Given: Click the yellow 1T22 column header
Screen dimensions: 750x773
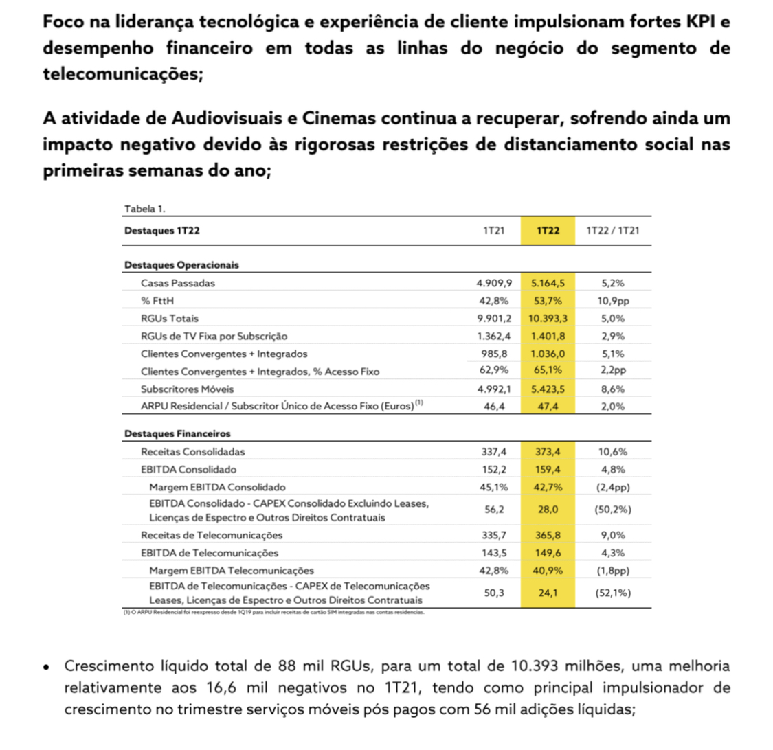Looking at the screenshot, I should pos(547,231).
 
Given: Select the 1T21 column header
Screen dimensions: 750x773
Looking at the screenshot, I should pos(493,231).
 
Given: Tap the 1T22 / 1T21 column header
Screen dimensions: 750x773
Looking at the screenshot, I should pos(612,231).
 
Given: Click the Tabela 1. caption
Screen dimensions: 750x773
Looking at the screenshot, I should pos(144,209).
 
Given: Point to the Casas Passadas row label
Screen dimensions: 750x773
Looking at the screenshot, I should pos(178,283).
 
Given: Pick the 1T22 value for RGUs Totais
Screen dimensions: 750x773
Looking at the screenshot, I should pos(547,319).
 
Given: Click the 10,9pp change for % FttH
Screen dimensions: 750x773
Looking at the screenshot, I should pos(612,301).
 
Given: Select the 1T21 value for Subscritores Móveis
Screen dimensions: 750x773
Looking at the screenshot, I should pos(494,389).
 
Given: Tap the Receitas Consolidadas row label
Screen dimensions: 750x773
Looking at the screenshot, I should pos(193,452).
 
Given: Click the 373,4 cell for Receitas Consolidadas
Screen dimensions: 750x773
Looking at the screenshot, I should pos(547,452).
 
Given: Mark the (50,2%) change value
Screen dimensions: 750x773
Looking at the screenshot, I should pos(612,510).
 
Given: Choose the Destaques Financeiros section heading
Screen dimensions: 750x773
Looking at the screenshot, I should pos(177,434).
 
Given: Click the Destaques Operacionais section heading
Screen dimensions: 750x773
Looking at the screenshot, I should pos(181,265).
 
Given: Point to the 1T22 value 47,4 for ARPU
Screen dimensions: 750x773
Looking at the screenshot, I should pos(548,407).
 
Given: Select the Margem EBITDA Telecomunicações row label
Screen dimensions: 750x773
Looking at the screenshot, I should pos(232,571).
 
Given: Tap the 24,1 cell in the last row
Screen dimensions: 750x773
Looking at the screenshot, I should pos(548,593).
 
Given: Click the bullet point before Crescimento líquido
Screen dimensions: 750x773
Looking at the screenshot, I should pos(46,667).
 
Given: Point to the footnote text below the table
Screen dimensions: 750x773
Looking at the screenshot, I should pos(273,612).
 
